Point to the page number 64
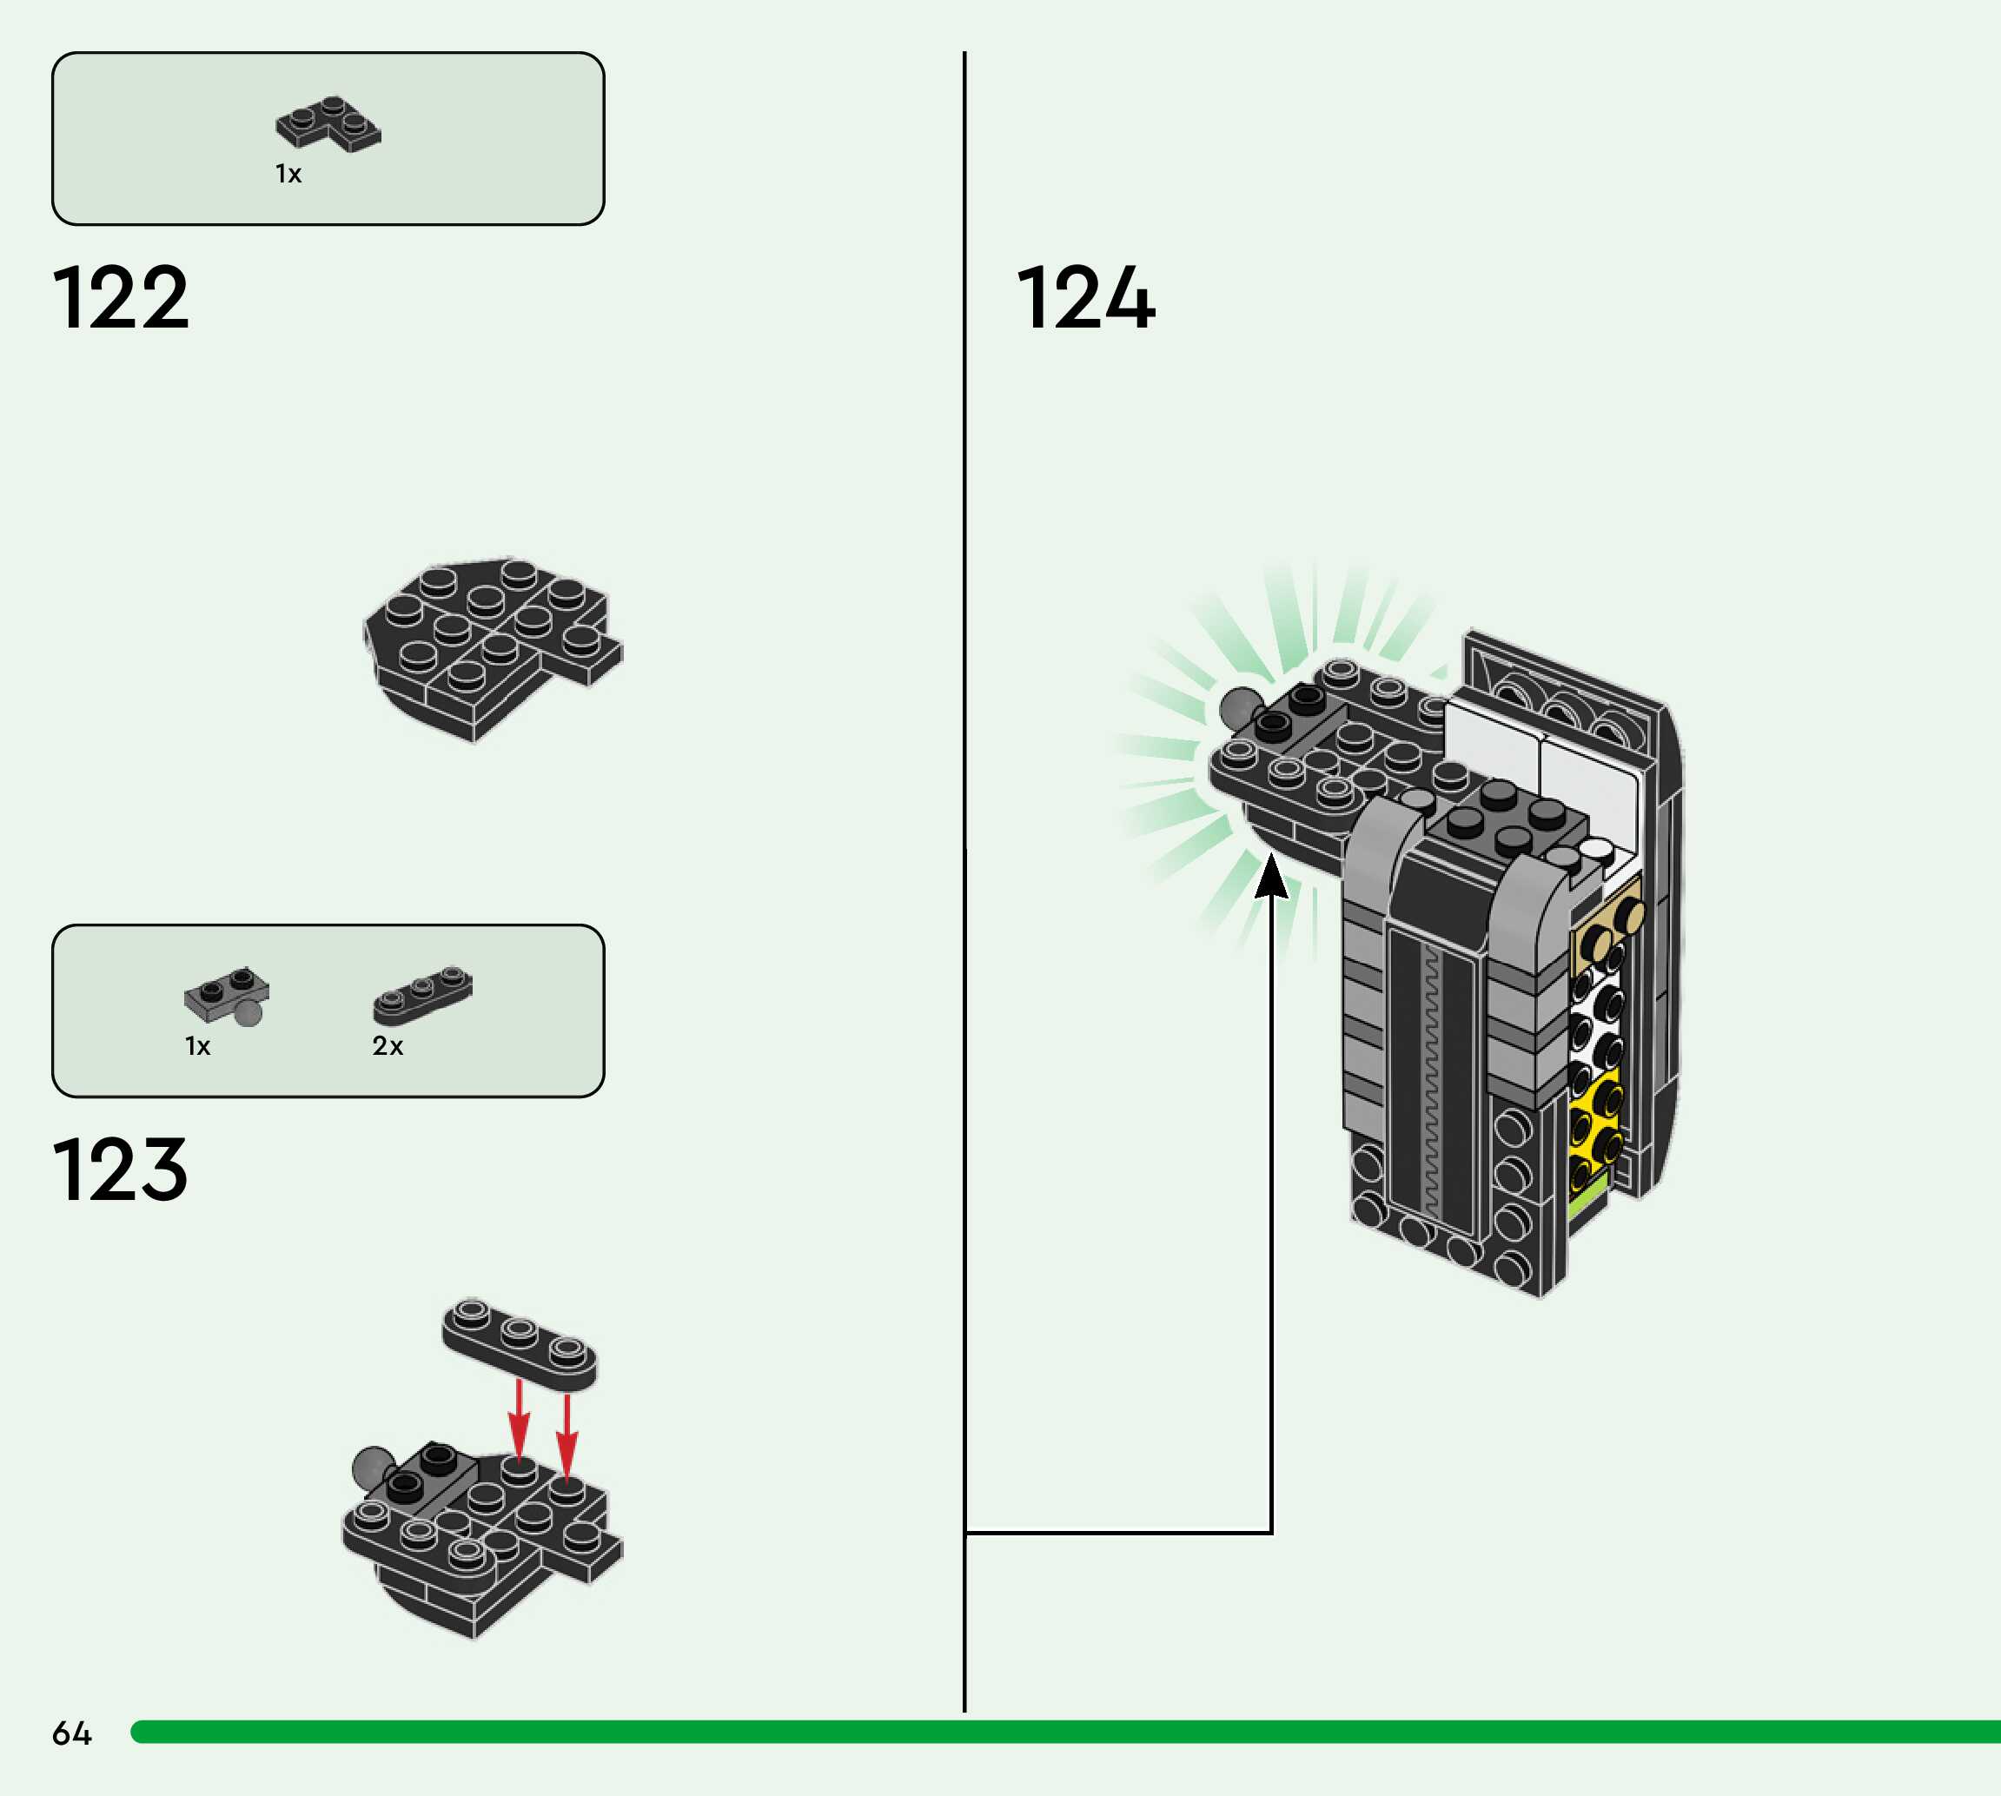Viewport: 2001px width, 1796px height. [x=71, y=1733]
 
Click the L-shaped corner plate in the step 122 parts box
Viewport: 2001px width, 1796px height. [x=328, y=124]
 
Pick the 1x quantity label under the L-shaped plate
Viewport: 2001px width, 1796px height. [x=288, y=175]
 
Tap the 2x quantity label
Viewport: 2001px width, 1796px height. [x=387, y=1046]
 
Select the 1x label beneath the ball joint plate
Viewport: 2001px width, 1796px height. [x=197, y=1046]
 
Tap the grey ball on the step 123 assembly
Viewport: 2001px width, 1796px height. [x=373, y=1468]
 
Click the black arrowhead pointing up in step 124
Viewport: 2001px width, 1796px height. [x=1271, y=877]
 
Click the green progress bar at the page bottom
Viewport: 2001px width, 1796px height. [x=1065, y=1732]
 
